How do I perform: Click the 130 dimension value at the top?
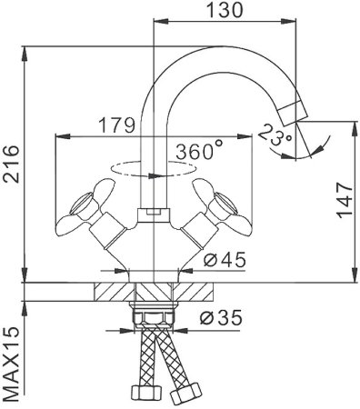click(x=223, y=11)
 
